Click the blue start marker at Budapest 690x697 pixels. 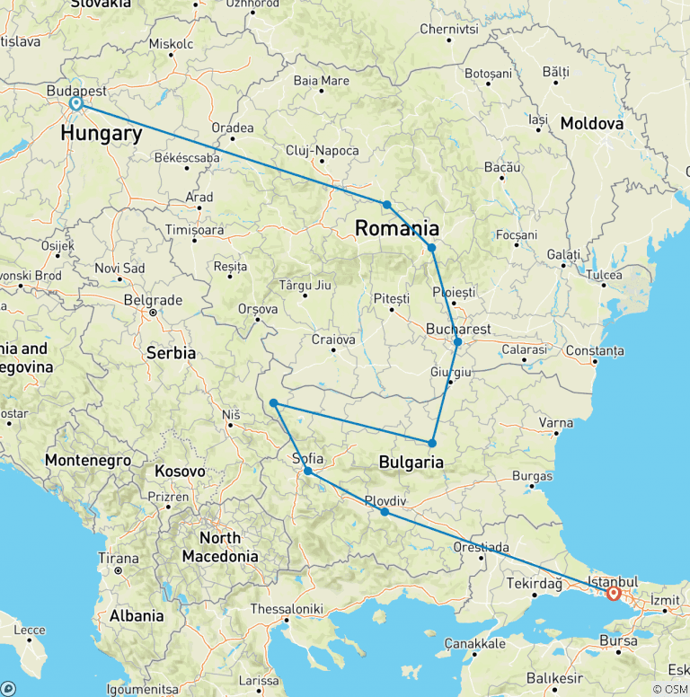76,103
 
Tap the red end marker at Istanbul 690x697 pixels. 614,594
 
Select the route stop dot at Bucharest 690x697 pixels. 457,342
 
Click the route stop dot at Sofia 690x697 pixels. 307,471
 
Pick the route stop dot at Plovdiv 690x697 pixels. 385,512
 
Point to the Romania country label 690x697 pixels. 397,228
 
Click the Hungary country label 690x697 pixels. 102,134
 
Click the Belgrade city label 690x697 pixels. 153,300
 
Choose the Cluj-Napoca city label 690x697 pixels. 322,151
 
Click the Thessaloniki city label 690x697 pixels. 287,608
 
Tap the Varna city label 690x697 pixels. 555,422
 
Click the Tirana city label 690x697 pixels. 118,558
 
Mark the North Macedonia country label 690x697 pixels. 220,547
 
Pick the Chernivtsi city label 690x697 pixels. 448,29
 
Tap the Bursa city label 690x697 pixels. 619,640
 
